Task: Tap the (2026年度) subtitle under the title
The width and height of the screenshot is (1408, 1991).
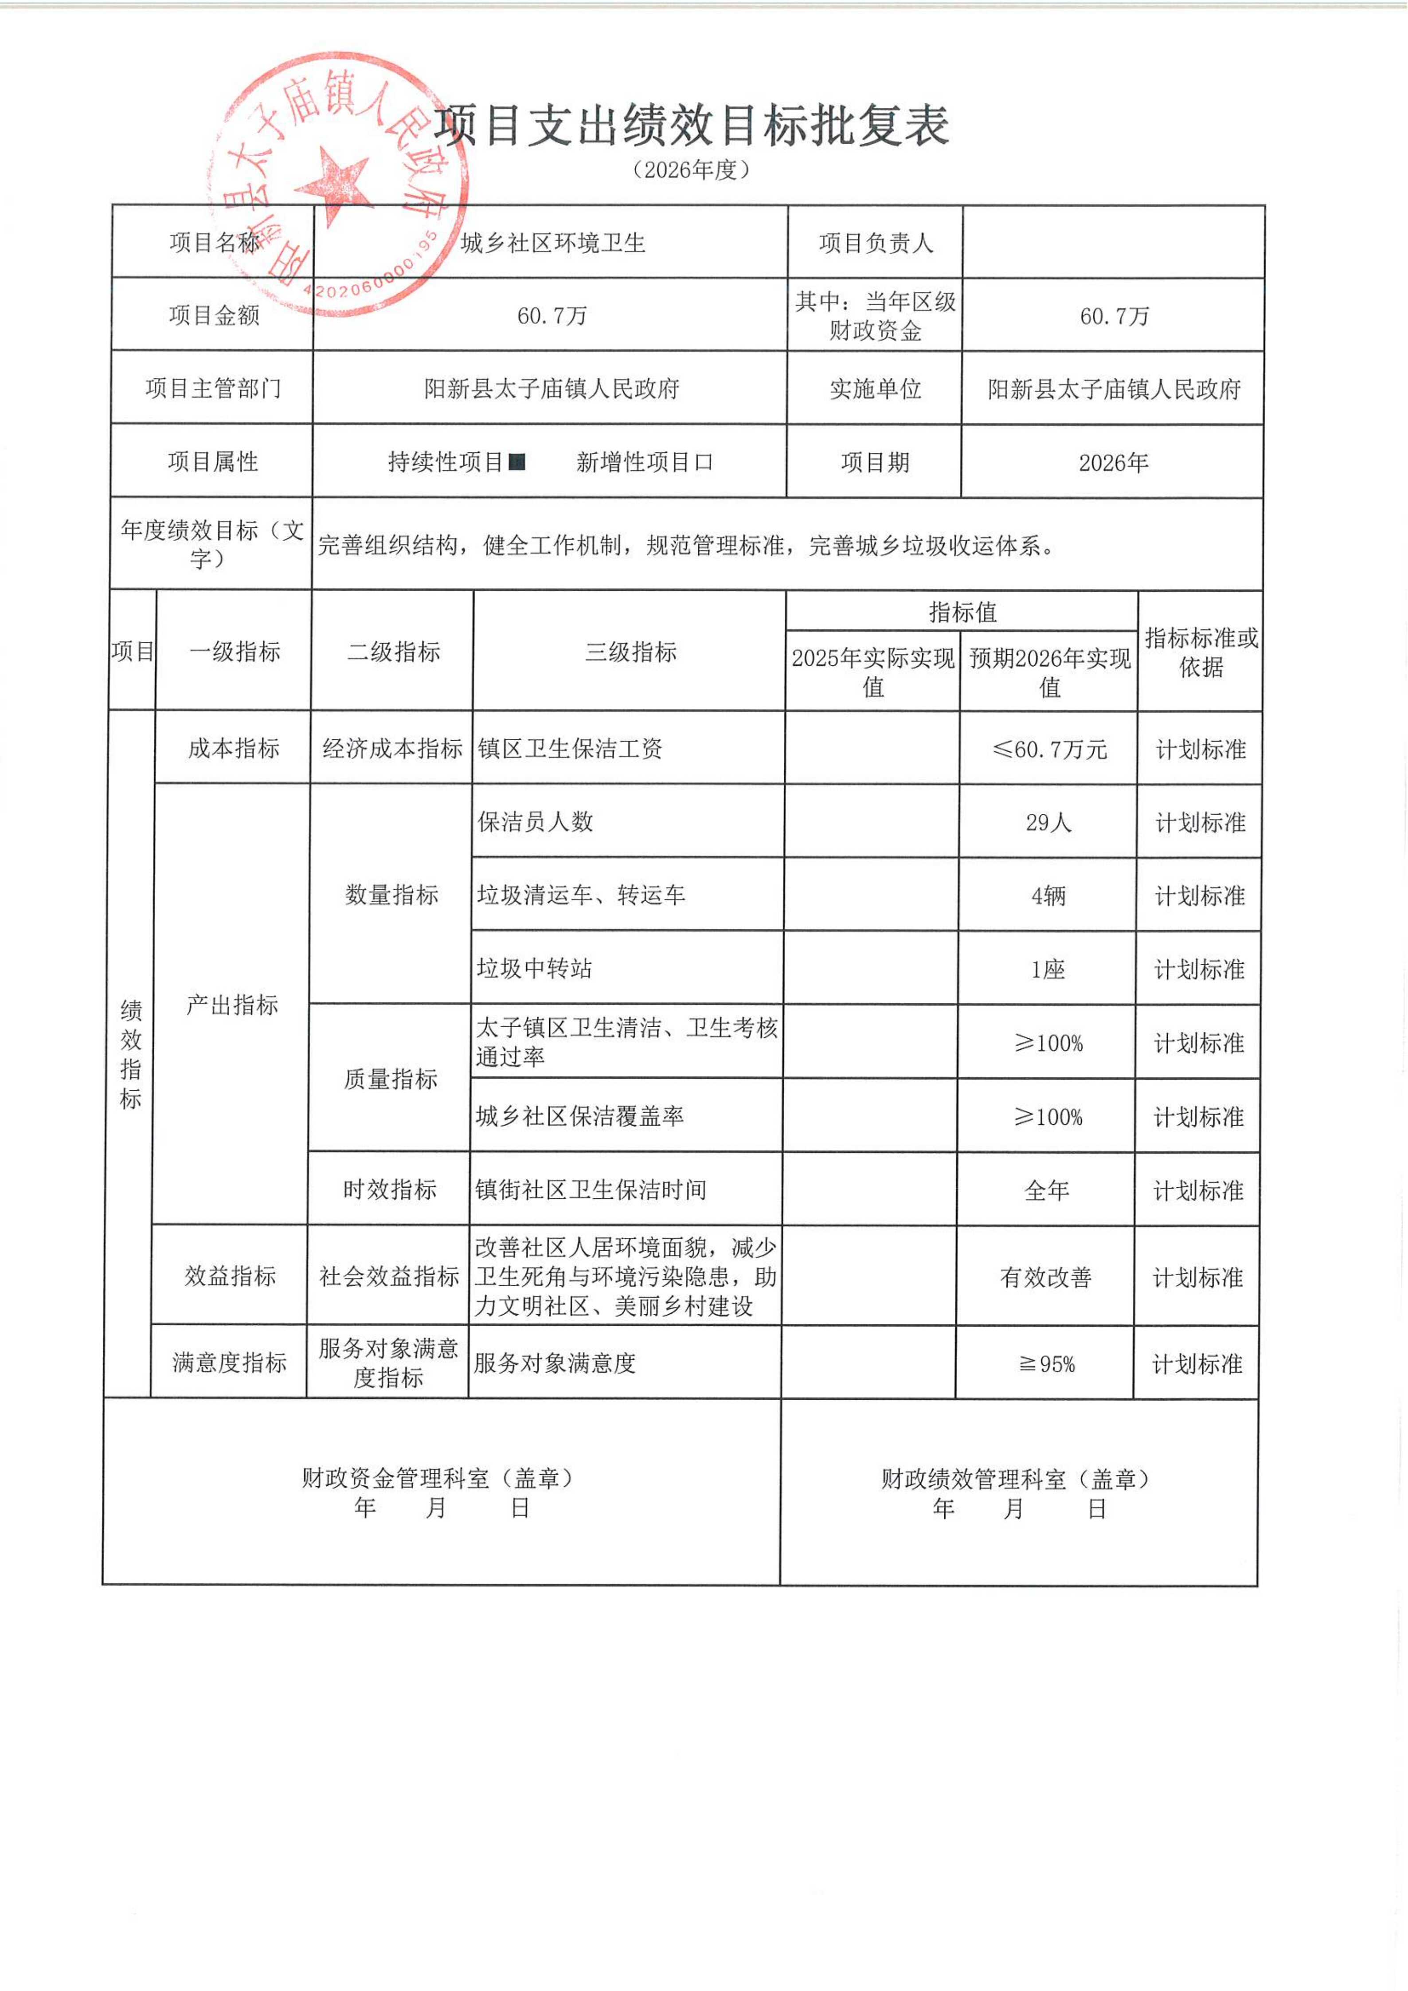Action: pos(691,170)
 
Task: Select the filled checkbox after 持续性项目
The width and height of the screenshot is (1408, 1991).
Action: pos(517,462)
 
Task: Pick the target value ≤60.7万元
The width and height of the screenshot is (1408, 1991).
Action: pos(1049,749)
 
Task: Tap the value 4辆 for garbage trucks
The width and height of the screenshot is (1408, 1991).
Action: pos(1048,896)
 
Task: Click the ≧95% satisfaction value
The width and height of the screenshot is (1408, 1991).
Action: pos(1046,1364)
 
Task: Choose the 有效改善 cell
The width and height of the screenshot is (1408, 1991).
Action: pos(1046,1277)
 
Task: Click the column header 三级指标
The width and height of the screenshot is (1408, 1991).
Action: pos(630,652)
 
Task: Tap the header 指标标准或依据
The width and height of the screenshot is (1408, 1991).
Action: pos(1201,652)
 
